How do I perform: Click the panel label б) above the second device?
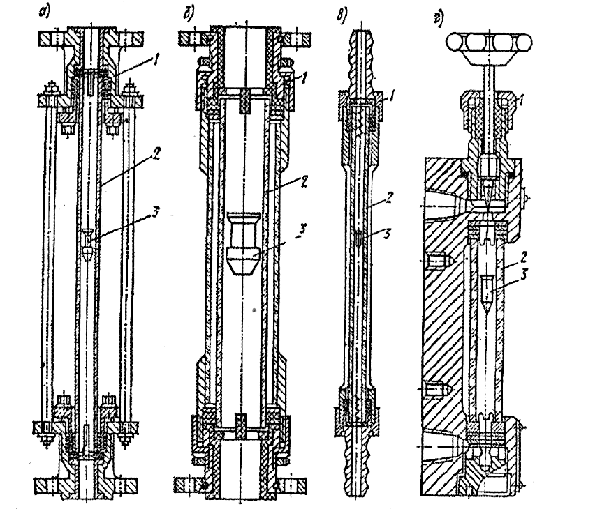tap(189, 15)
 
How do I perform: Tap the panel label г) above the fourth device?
tap(438, 20)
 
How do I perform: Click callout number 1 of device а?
tap(155, 61)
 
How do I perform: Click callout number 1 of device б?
tap(304, 79)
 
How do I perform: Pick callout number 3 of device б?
tap(302, 229)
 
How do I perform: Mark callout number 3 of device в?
tap(387, 234)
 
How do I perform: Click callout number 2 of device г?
tap(523, 257)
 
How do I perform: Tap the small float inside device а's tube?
tap(87, 245)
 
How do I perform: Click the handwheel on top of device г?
tap(489, 43)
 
